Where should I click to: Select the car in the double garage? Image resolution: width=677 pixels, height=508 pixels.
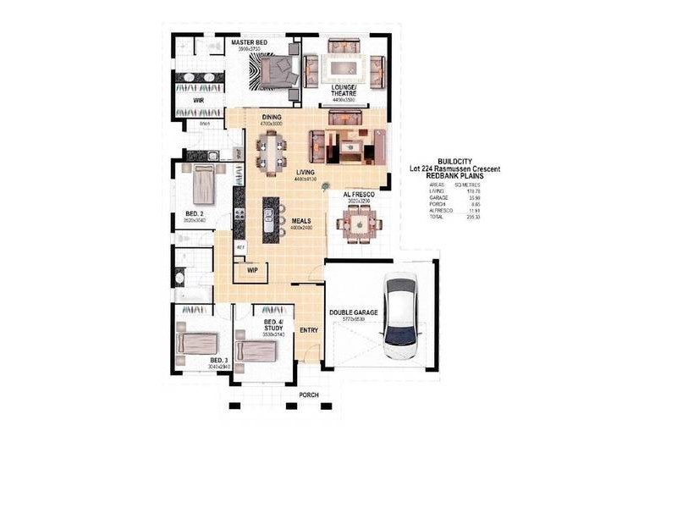[400, 317]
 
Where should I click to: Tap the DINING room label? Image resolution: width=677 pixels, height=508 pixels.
[272, 117]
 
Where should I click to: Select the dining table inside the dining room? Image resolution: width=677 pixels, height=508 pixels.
[272, 152]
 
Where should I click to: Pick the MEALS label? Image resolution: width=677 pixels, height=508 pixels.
[302, 221]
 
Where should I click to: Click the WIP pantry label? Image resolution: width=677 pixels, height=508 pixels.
[252, 270]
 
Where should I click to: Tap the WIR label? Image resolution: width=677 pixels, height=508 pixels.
[198, 99]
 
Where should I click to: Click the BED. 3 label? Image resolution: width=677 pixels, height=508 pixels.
[218, 361]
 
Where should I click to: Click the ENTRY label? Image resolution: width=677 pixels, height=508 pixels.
[309, 329]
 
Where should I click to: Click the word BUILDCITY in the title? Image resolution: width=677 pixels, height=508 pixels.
[454, 162]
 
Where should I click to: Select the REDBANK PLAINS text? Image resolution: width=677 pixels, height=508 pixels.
[454, 176]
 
